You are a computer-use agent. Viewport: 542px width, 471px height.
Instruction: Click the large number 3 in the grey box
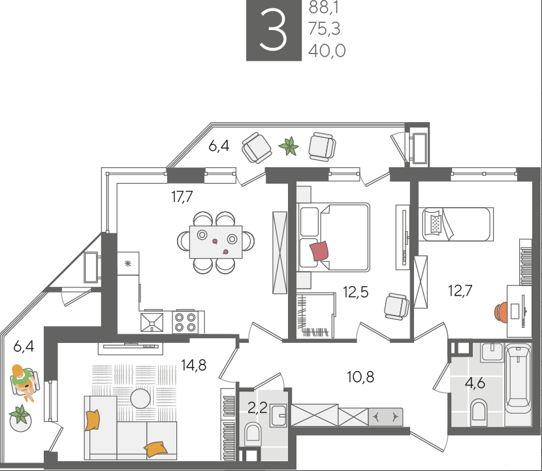pyautogui.click(x=273, y=30)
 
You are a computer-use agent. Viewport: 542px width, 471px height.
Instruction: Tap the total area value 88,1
pyautogui.click(x=323, y=7)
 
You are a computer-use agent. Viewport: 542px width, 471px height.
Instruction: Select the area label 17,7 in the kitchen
pyautogui.click(x=182, y=197)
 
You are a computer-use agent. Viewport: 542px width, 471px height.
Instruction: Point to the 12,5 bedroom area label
pyautogui.click(x=356, y=292)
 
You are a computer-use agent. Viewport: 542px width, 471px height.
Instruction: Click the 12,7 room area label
pyautogui.click(x=460, y=291)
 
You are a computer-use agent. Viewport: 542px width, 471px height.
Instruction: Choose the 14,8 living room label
pyautogui.click(x=194, y=365)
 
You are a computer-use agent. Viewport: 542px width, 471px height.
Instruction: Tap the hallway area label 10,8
pyautogui.click(x=360, y=376)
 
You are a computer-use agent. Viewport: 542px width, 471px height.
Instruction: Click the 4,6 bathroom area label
pyautogui.click(x=475, y=383)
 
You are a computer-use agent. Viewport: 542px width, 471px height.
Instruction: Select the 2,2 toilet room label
pyautogui.click(x=257, y=408)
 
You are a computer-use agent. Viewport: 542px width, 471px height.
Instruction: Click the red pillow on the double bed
pyautogui.click(x=319, y=251)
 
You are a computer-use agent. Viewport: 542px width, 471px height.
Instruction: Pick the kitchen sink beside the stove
pyautogui.click(x=151, y=322)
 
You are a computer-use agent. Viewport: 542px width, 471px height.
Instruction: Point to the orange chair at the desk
pyautogui.click(x=500, y=311)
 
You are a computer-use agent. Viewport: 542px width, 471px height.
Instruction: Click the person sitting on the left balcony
pyautogui.click(x=24, y=382)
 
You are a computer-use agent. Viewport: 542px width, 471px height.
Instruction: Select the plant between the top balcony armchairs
pyautogui.click(x=289, y=146)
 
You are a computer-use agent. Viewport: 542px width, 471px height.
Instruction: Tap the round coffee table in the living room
pyautogui.click(x=140, y=398)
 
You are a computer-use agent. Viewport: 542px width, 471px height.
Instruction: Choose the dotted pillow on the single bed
pyautogui.click(x=436, y=224)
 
